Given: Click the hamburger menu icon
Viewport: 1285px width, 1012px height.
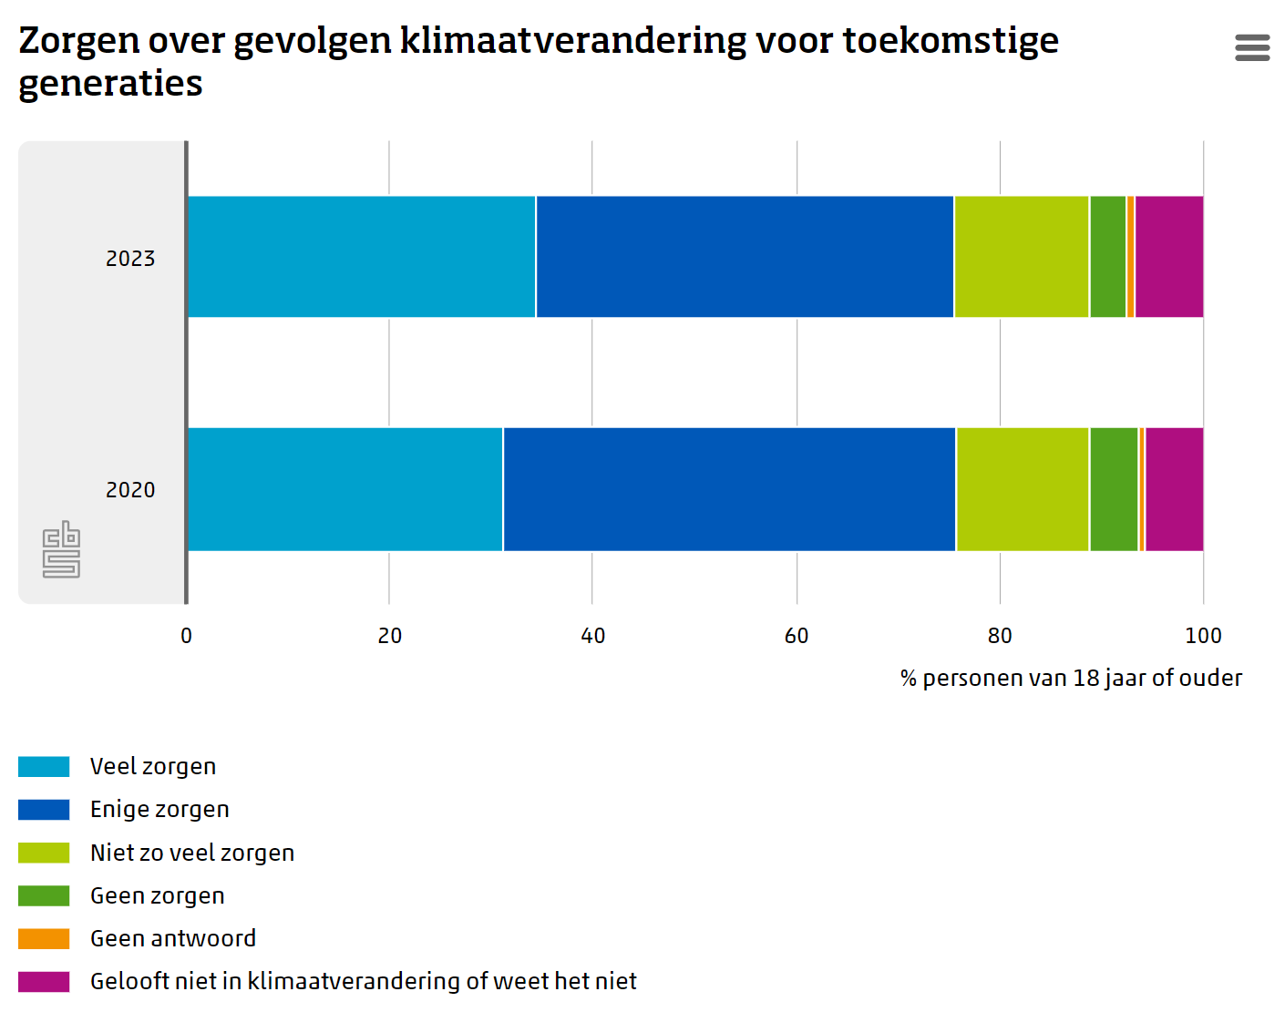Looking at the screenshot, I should (1252, 47).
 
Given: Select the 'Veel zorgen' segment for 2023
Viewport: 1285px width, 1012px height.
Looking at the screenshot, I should (362, 257).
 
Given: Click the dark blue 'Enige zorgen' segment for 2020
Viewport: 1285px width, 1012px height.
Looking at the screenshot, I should (729, 489).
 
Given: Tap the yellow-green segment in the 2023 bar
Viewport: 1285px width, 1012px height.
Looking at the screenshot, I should (1022, 257).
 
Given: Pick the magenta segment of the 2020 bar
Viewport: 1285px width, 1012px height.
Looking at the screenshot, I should (1174, 489).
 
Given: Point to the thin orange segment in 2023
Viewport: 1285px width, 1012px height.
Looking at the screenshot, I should (1131, 257).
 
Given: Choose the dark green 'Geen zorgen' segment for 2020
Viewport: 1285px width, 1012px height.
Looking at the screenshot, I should (1114, 489).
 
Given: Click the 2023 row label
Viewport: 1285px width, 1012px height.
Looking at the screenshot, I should (130, 259).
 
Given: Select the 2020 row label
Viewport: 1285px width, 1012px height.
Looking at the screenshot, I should (130, 490).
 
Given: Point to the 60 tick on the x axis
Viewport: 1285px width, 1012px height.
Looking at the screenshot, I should (797, 636).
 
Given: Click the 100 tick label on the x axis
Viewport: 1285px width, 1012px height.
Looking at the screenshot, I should (1203, 636).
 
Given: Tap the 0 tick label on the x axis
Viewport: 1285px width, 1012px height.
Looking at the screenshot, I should (187, 636).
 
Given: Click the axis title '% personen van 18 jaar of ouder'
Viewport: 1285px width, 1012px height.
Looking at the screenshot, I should (1071, 679).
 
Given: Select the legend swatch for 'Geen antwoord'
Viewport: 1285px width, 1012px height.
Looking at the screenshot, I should (44, 938).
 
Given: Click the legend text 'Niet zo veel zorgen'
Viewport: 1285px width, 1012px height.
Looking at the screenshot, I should (192, 853).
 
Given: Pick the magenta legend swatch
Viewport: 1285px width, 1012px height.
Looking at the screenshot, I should (44, 981).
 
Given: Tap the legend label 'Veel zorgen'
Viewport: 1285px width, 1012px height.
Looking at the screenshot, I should (153, 767).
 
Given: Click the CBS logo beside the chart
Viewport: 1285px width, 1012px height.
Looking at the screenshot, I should (61, 549).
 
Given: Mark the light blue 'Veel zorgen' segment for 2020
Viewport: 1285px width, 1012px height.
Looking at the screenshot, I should (344, 489).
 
